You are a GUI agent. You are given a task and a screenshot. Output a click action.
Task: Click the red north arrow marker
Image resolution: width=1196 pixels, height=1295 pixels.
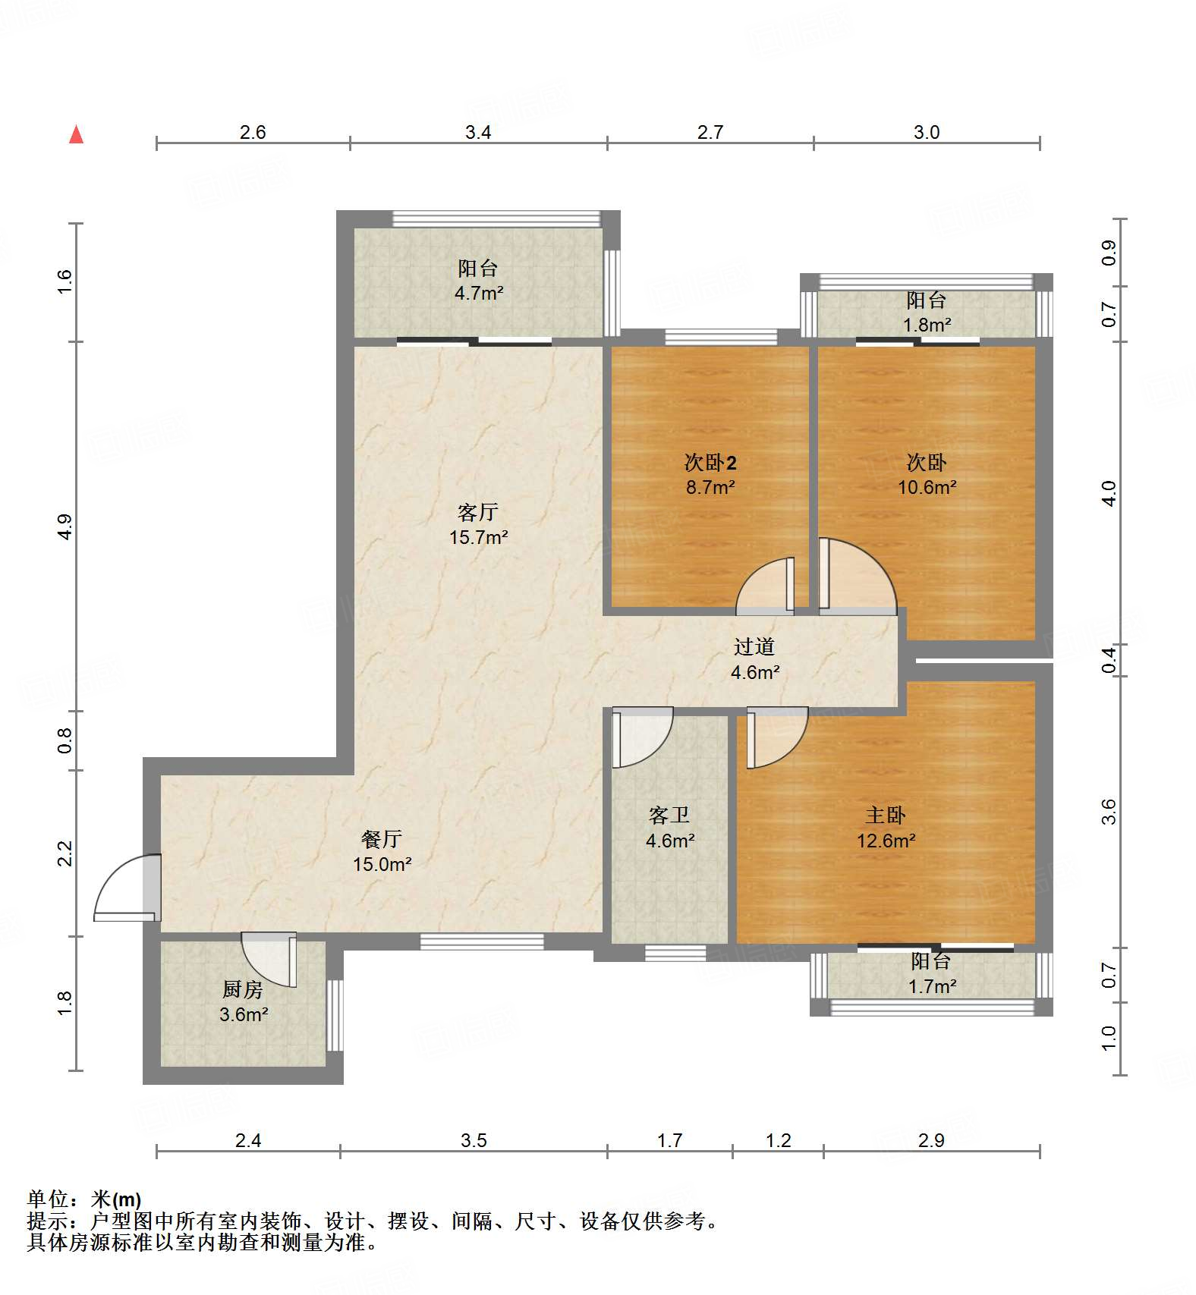pos(76,134)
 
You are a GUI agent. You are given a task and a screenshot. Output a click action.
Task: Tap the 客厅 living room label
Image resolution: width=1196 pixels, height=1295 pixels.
pos(478,513)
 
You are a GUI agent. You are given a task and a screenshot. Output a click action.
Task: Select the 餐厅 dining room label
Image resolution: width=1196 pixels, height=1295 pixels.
pos(382,839)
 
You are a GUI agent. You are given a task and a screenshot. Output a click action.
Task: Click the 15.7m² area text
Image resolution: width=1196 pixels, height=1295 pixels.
pos(478,538)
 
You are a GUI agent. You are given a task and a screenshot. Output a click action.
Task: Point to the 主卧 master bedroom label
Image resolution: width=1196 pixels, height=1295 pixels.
pos(886,816)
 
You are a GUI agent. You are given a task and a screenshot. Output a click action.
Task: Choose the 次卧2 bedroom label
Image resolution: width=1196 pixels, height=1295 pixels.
pos(710,462)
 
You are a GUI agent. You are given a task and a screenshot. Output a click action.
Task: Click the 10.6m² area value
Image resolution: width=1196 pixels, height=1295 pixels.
pos(927,487)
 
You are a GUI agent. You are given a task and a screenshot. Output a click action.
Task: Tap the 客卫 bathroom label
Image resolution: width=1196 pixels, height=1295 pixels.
pos(669,816)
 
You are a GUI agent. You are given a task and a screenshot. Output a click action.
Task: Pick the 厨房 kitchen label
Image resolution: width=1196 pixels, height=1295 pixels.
pos(243,989)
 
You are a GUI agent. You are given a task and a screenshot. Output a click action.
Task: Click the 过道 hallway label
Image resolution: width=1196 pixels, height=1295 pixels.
pos(754,647)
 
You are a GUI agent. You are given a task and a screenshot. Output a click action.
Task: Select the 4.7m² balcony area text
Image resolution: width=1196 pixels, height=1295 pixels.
pos(479,293)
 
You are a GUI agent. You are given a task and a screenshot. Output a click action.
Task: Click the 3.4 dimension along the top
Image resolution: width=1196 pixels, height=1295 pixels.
pos(478,132)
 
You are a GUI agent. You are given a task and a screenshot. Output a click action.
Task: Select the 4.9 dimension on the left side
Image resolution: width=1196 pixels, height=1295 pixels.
pos(65,526)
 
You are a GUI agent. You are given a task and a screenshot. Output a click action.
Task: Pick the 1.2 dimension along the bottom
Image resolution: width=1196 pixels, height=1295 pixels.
pos(779,1140)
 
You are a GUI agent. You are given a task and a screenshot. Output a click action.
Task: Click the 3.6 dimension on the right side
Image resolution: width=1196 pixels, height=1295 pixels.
pos(1109,812)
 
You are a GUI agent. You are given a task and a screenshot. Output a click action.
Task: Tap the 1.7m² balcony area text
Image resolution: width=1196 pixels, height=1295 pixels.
pos(932,986)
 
